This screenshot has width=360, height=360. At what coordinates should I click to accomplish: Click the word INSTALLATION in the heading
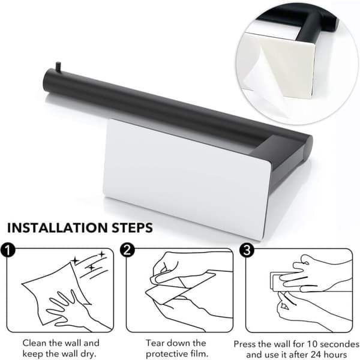pos(58,228)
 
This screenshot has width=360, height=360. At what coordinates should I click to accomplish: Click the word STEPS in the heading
pos(132,228)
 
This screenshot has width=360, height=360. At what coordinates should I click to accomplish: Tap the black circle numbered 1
pos(8,250)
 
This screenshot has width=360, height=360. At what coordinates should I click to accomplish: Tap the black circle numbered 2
pos(127,250)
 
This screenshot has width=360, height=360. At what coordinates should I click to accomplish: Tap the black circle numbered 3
pos(247,250)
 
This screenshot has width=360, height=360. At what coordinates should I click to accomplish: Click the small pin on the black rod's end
pos(58,67)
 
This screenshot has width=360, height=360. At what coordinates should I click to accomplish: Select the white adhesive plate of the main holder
pos(187,178)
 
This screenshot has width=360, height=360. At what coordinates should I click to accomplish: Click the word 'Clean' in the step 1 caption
pos(35,343)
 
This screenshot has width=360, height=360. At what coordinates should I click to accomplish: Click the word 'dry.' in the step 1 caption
pos(88,354)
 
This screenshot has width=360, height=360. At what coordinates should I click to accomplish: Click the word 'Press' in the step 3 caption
pos(245,344)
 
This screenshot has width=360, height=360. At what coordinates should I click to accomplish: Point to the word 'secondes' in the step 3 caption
pos(340,344)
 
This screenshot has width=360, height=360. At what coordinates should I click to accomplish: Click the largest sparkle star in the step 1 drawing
pos(75,261)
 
